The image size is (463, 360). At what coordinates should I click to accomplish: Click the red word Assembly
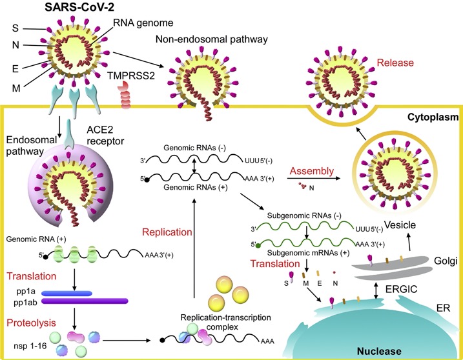click(312, 172)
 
